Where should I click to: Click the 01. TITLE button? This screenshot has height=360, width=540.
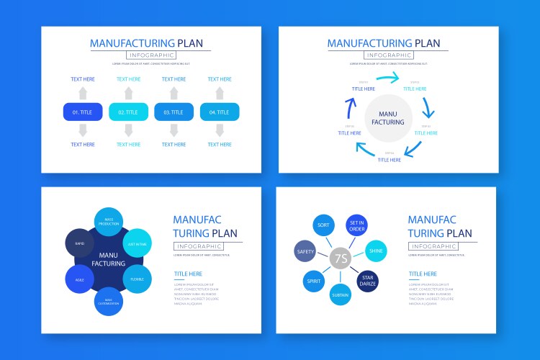click(x=83, y=112)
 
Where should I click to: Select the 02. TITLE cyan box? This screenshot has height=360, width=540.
click(x=128, y=112)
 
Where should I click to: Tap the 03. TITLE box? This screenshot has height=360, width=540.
click(x=174, y=112)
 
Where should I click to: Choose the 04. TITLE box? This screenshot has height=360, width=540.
click(x=220, y=112)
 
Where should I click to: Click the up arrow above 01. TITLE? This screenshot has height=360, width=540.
click(x=83, y=93)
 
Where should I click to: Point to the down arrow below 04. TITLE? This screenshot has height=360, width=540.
click(x=220, y=130)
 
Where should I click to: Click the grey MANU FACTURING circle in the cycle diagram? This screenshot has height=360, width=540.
click(x=389, y=117)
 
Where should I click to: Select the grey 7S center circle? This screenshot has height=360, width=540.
click(x=341, y=258)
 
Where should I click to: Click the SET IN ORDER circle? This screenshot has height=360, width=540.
click(x=357, y=226)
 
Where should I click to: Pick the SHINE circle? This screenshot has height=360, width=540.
click(x=376, y=251)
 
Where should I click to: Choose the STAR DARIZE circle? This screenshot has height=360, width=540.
click(x=368, y=281)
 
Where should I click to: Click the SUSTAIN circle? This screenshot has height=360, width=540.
click(x=340, y=294)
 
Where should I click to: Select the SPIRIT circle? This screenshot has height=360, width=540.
click(x=314, y=282)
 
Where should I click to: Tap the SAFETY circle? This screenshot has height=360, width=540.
click(x=305, y=251)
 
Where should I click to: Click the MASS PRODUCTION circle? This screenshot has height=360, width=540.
click(x=109, y=222)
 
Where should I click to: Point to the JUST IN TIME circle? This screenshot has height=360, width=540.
click(x=138, y=243)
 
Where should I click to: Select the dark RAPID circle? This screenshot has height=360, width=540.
click(x=80, y=243)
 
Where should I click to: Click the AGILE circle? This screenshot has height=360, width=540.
click(x=80, y=279)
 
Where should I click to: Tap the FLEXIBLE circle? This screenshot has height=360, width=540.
click(x=138, y=279)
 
